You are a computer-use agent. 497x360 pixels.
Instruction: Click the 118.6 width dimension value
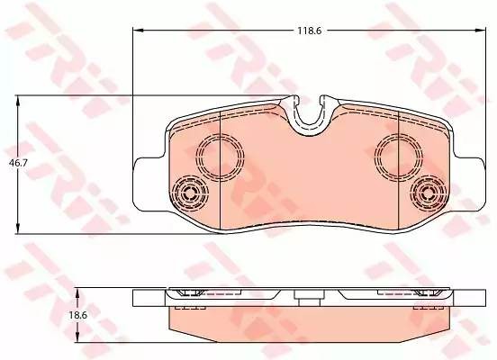pos(309,31)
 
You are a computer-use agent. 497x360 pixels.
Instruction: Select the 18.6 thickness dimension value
pos(78,315)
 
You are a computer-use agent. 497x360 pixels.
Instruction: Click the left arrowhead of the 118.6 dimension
pos(138,31)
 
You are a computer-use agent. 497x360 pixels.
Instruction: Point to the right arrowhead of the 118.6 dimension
pos(480,31)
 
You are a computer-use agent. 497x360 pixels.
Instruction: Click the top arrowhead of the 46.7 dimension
pos(18,102)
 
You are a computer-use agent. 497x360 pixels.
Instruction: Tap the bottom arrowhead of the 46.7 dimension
pos(18,229)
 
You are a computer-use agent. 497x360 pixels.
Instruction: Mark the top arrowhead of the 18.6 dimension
pos(78,294)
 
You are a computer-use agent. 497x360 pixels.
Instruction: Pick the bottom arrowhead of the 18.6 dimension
pos(78,337)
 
